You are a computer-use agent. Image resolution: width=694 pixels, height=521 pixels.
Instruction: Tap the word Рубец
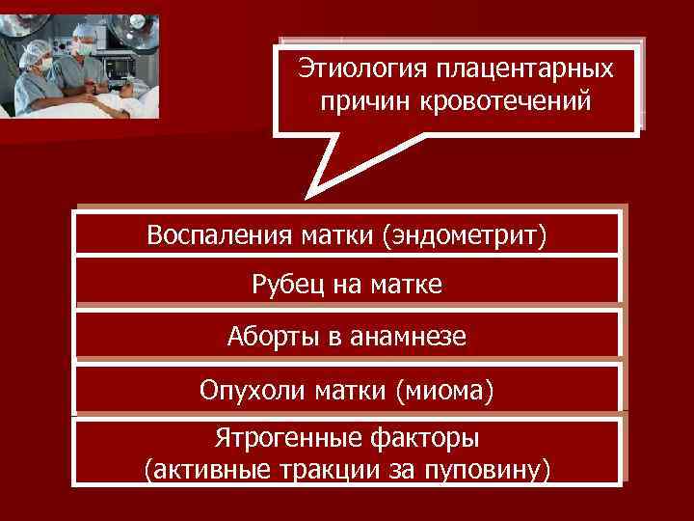pyautogui.click(x=291, y=285)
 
